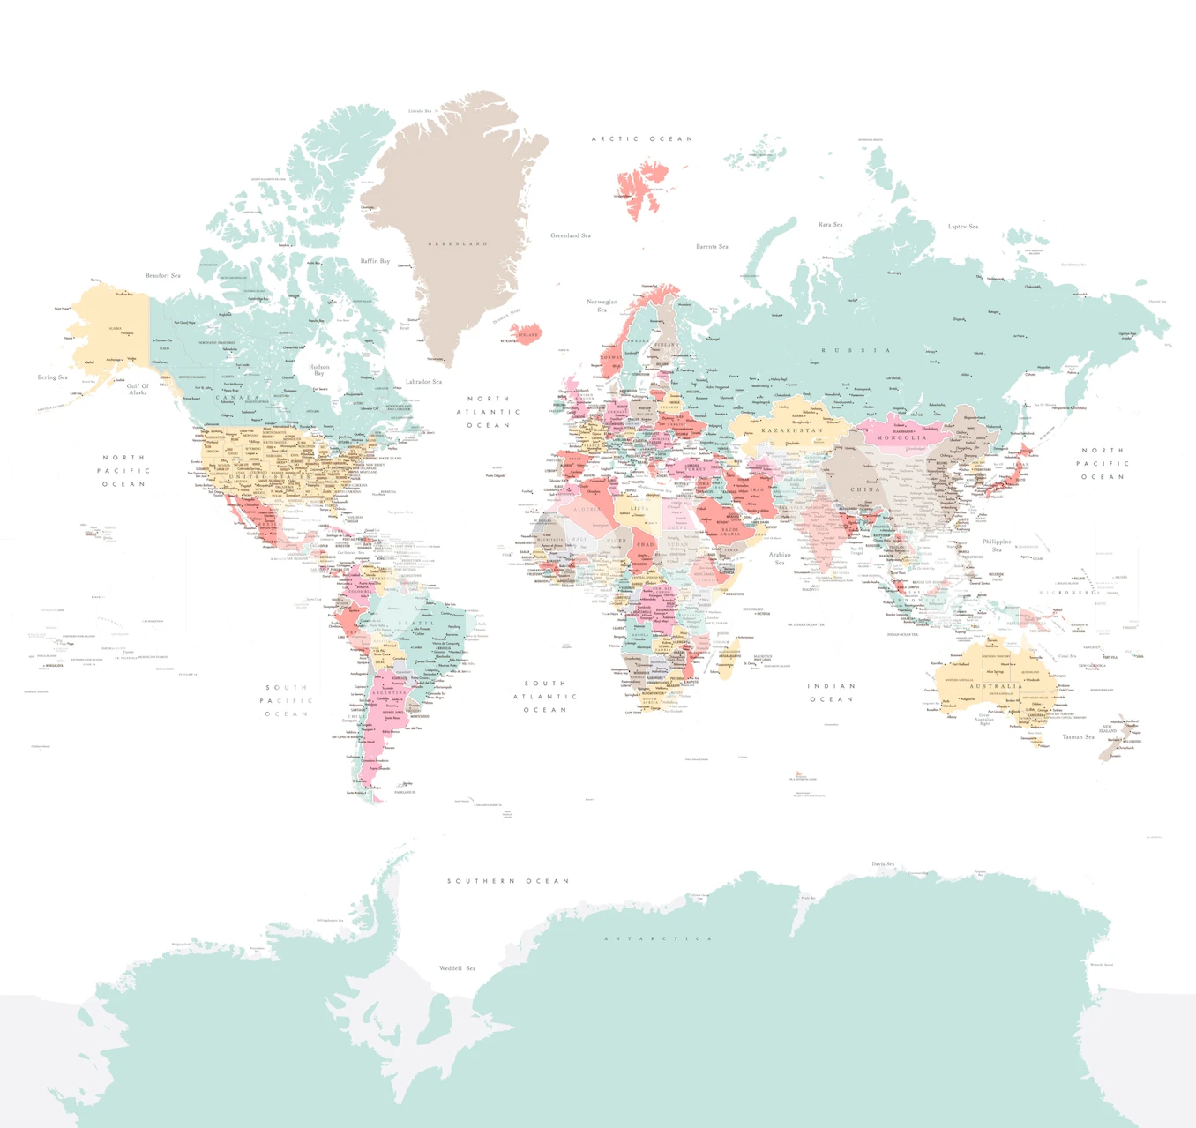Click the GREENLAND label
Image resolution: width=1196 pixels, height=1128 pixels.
click(458, 243)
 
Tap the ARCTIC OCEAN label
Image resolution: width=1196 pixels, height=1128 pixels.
click(641, 138)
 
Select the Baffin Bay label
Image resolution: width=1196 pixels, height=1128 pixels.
click(375, 261)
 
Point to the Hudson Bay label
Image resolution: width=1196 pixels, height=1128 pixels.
click(319, 370)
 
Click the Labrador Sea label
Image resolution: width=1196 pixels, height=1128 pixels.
click(423, 382)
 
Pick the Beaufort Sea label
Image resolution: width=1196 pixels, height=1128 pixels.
click(163, 275)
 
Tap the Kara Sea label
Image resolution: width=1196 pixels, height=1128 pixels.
click(830, 225)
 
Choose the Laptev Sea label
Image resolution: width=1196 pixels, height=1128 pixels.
click(962, 227)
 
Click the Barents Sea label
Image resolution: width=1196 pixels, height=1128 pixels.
click(712, 247)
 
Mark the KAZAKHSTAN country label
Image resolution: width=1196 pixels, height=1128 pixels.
click(792, 430)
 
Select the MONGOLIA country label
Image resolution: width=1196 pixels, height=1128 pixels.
click(901, 437)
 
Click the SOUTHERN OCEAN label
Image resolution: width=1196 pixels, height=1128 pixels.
click(508, 881)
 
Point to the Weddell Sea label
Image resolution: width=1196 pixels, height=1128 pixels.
click(457, 968)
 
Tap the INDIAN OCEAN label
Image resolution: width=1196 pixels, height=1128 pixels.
click(831, 692)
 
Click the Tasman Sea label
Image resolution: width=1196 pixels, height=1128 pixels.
click(1078, 737)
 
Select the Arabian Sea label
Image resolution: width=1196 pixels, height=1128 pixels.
click(780, 558)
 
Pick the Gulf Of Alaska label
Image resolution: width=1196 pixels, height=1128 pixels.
click(138, 389)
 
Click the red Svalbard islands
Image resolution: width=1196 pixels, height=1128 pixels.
click(640, 190)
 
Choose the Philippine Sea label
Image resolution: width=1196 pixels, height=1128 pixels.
click(997, 545)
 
